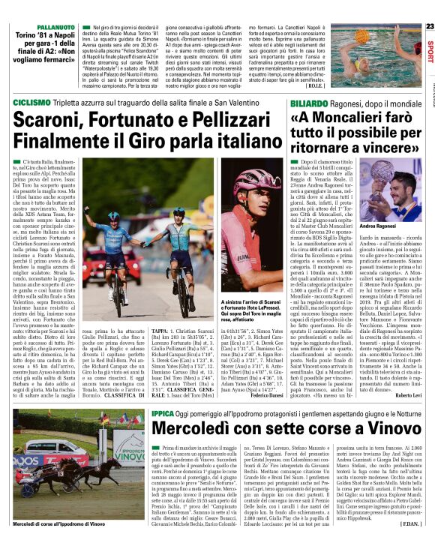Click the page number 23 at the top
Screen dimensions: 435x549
tap(429, 27)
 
